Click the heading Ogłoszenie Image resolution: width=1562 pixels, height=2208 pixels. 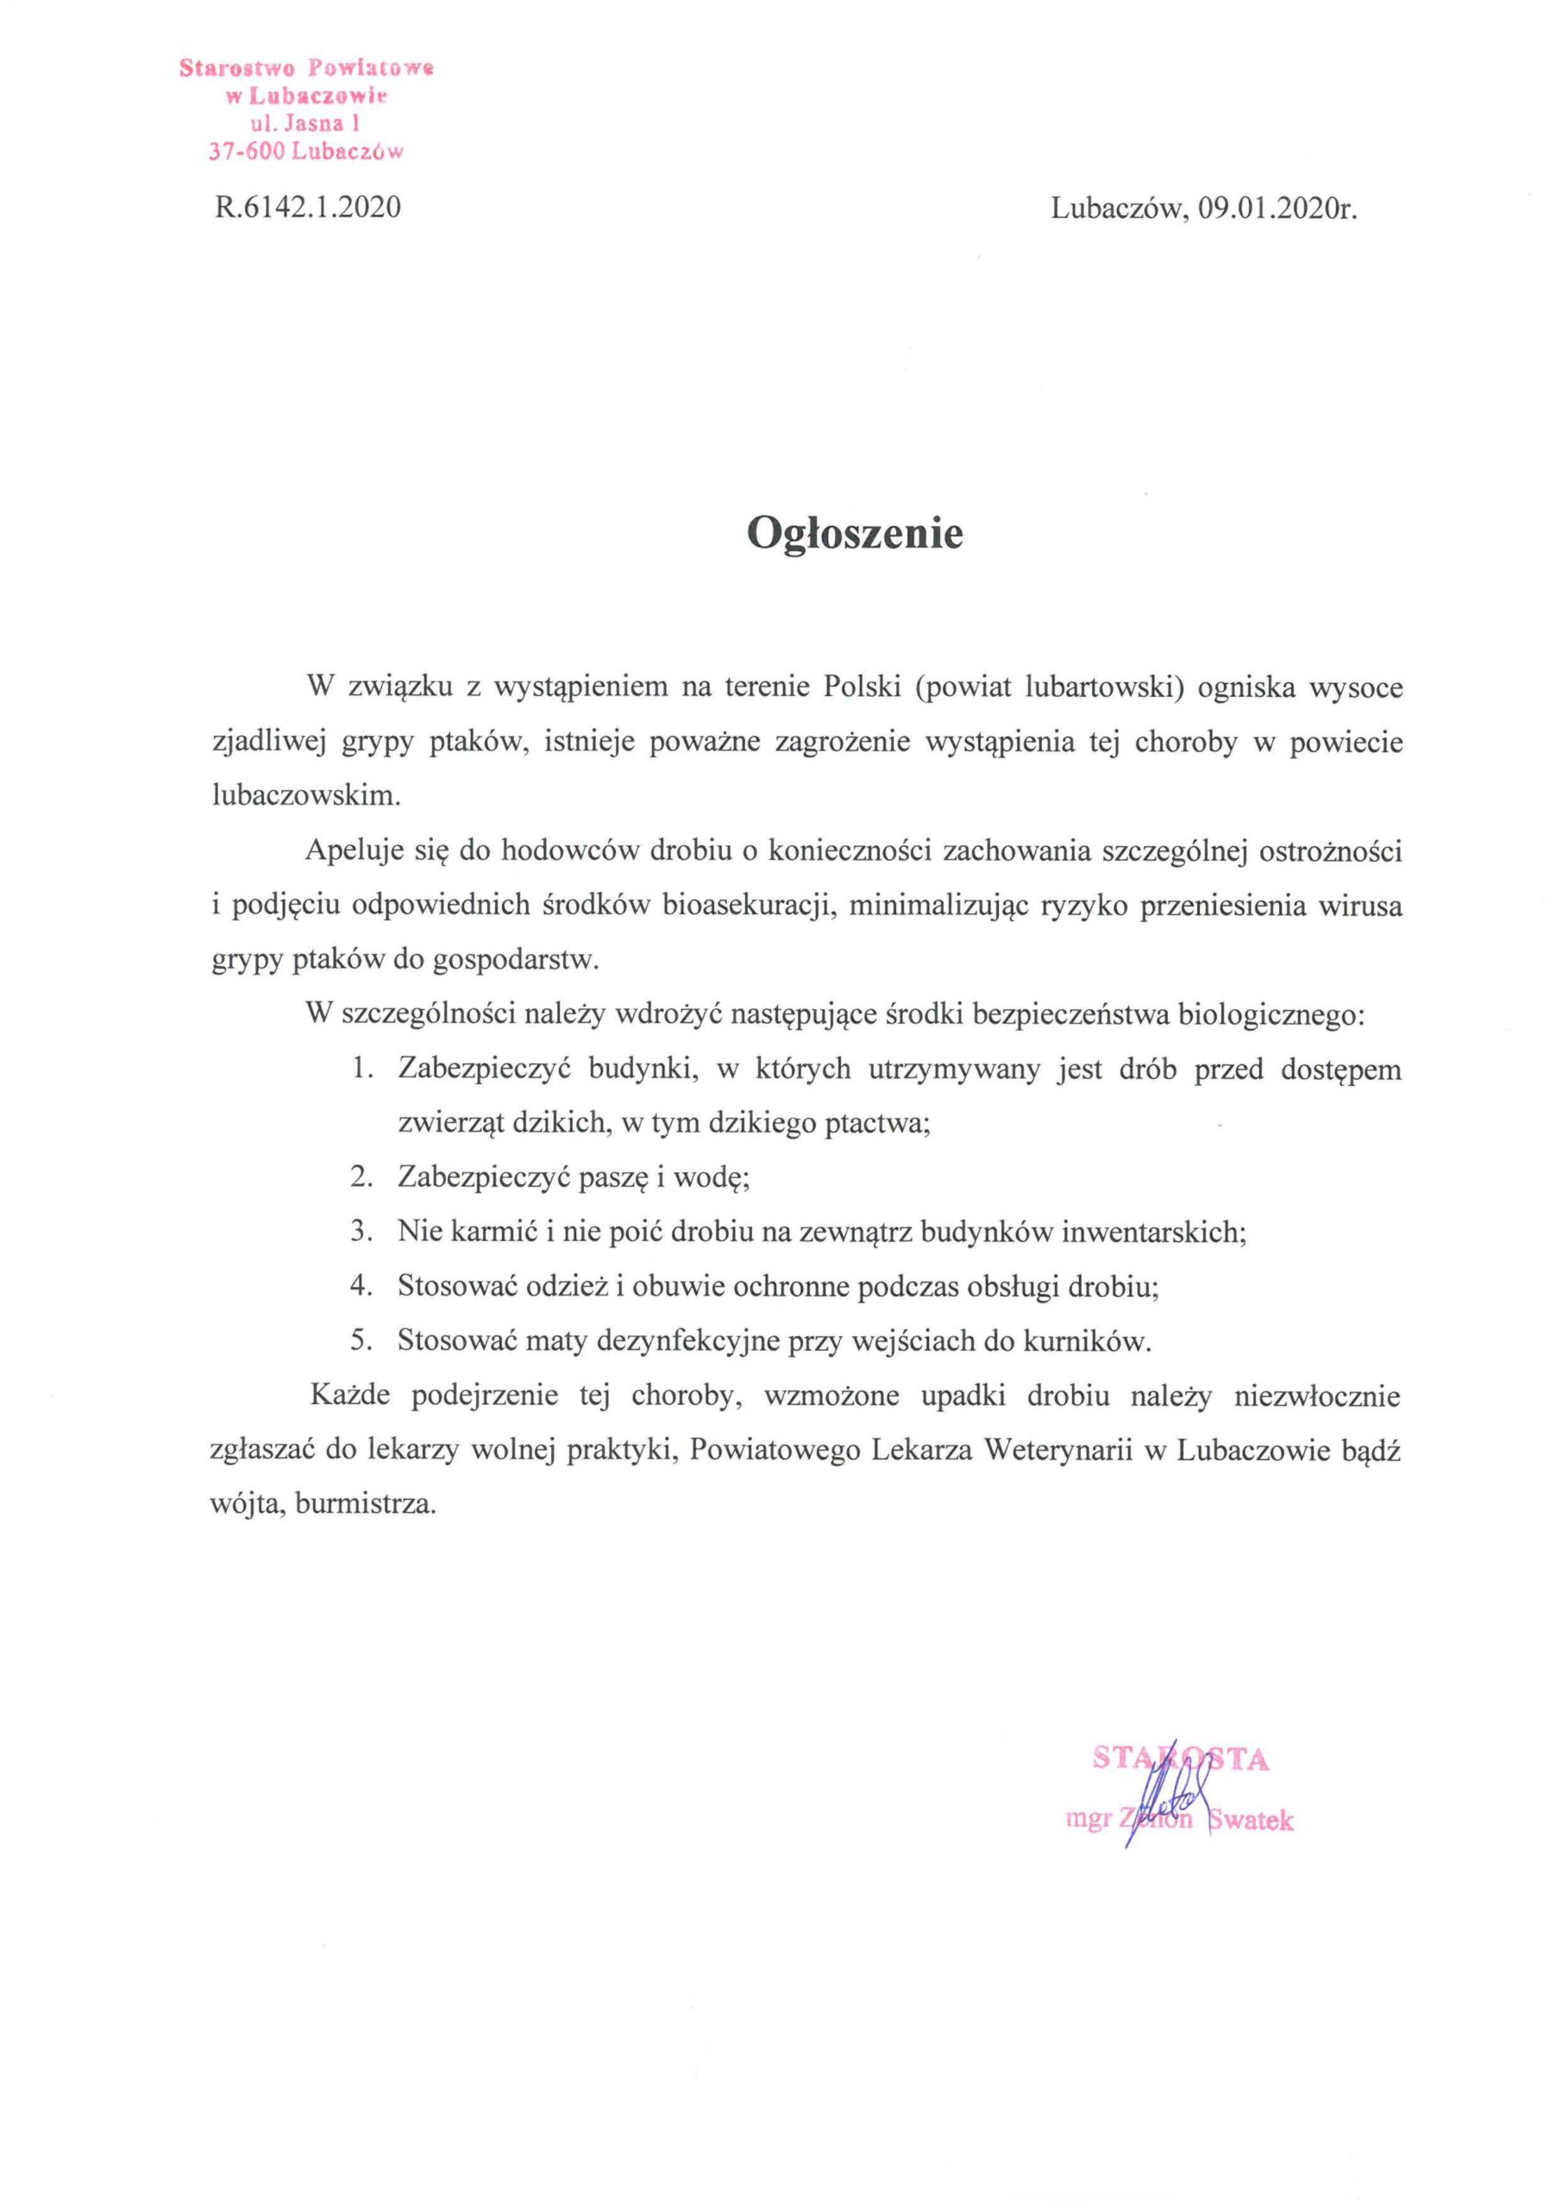coord(855,535)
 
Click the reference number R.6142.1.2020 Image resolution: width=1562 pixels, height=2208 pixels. coord(308,208)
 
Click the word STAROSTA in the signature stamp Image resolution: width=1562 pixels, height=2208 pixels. coord(1180,1759)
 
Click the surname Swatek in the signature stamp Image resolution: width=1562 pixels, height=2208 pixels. coord(1251,1821)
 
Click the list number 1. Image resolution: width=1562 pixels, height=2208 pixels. coord(361,1069)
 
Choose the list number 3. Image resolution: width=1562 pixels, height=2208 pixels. coord(361,1232)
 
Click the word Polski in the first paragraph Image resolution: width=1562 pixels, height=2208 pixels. coord(861,688)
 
